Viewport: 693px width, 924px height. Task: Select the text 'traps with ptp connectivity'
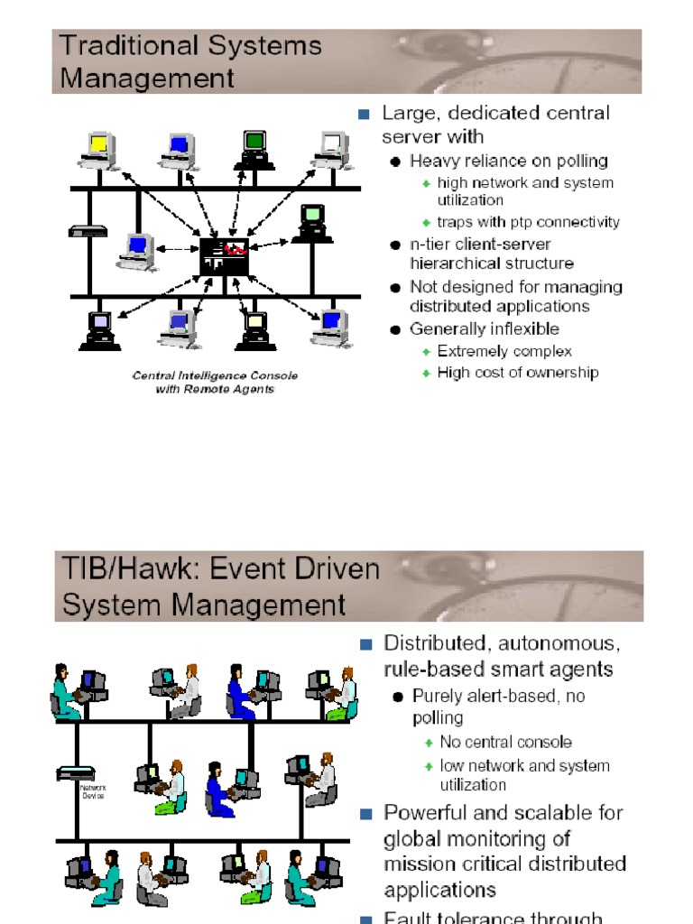(x=528, y=222)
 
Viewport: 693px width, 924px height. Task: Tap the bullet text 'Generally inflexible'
(x=484, y=329)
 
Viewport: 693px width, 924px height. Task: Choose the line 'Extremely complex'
(x=504, y=351)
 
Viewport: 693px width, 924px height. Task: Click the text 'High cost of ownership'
(x=517, y=373)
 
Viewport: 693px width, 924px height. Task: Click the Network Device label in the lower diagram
(x=92, y=791)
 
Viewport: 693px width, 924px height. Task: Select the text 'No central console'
(x=505, y=743)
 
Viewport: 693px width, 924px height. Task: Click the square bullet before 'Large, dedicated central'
(x=364, y=114)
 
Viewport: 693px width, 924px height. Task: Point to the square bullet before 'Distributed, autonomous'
(x=365, y=644)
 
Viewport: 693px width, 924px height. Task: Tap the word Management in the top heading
(x=146, y=78)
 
